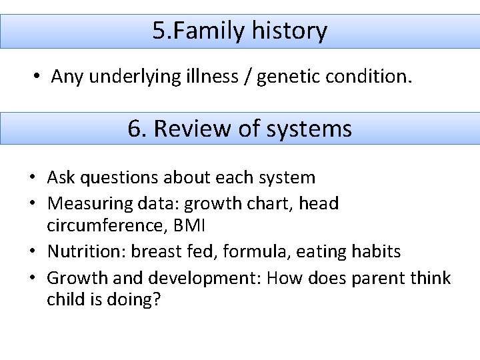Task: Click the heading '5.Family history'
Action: pyautogui.click(x=239, y=31)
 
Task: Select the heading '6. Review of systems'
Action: pyautogui.click(x=239, y=129)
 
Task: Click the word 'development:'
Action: pyautogui.click(x=199, y=277)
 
